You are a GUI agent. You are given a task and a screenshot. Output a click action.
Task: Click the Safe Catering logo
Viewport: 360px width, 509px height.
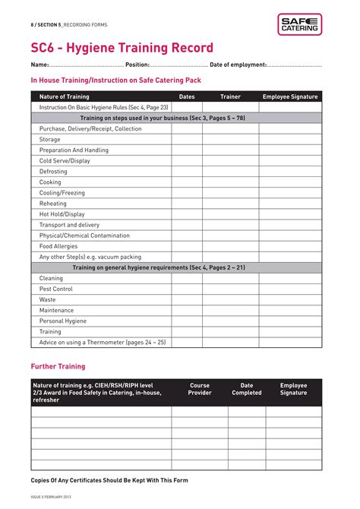click(299, 24)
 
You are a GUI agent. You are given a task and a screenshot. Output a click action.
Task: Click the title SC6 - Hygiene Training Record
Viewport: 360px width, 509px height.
click(122, 48)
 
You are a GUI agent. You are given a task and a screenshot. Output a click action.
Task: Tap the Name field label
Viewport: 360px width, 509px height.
click(39, 65)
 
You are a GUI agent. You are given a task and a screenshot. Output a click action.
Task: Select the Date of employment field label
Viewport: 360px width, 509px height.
click(238, 65)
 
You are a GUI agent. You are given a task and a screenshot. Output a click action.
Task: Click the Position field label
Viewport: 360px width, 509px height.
click(137, 65)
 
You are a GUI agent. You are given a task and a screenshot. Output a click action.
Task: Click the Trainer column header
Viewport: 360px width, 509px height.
click(230, 96)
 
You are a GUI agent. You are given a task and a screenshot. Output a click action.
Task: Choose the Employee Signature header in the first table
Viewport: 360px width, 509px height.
click(290, 96)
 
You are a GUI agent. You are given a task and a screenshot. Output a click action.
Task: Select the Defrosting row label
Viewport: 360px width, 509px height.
click(53, 172)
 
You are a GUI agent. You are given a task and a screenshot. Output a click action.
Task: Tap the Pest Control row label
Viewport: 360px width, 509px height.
click(56, 289)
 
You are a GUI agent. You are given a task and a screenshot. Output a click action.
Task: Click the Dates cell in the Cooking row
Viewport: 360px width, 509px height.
click(187, 182)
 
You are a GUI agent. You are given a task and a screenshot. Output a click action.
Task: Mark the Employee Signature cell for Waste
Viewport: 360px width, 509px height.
click(290, 299)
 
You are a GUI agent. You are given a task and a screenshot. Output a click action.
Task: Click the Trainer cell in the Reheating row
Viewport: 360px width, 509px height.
click(230, 204)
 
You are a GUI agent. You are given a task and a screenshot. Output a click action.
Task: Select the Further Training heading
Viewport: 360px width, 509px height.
click(58, 366)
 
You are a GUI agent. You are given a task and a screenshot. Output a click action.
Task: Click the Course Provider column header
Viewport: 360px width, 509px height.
click(200, 389)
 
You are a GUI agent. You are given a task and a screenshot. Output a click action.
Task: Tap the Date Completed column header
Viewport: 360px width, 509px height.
click(247, 389)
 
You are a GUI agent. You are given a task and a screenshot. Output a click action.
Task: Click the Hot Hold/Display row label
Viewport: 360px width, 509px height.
click(62, 214)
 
